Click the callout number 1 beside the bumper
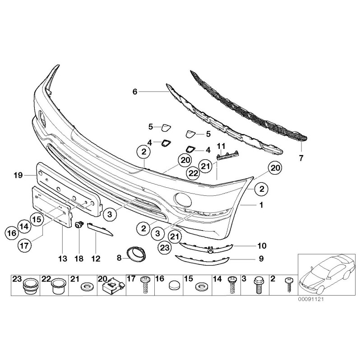click(x=261, y=204)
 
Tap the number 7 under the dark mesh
click(x=301, y=158)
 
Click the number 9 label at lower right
click(x=261, y=259)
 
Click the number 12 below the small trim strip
click(x=96, y=259)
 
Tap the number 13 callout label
click(x=62, y=259)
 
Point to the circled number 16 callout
click(x=13, y=233)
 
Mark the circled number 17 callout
click(x=25, y=246)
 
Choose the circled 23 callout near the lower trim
click(x=165, y=246)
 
